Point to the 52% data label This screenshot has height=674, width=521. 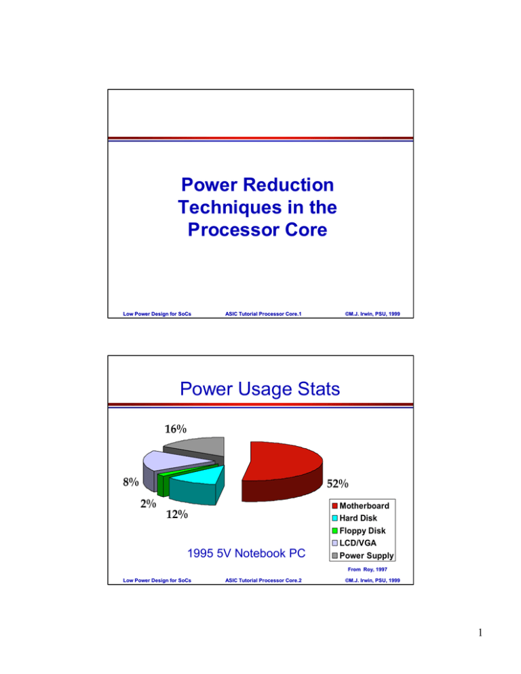click(338, 484)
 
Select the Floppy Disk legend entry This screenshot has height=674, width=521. click(366, 532)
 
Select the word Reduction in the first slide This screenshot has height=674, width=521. click(288, 184)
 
